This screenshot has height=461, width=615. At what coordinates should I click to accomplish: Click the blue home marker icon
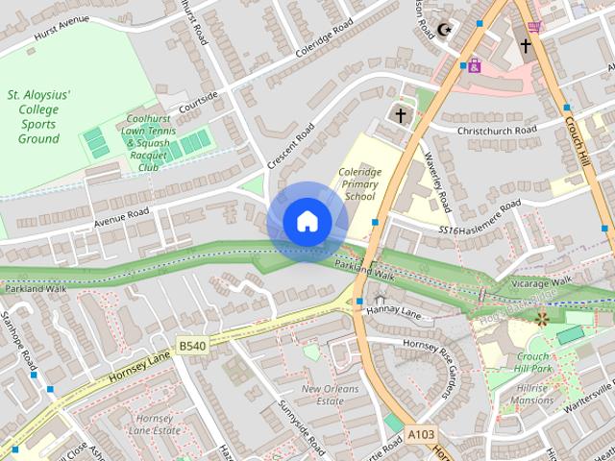pos(307,222)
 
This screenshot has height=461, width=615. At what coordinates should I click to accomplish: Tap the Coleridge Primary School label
pos(357,183)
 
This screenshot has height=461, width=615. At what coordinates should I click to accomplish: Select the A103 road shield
pos(420,435)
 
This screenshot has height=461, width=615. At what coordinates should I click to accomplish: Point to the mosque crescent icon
pos(444,30)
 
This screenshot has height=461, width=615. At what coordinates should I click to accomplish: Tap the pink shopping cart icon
pos(534,26)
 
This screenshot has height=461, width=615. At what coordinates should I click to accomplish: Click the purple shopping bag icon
pos(474,66)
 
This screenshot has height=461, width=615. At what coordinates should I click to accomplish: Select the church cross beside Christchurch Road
pos(400,115)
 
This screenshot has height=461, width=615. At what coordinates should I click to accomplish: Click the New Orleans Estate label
pos(322,395)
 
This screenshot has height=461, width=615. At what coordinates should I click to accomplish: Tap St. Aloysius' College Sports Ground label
pos(39,117)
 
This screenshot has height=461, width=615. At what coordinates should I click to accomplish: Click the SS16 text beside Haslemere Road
pos(448,230)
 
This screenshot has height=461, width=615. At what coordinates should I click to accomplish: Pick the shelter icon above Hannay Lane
pos(380,301)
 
